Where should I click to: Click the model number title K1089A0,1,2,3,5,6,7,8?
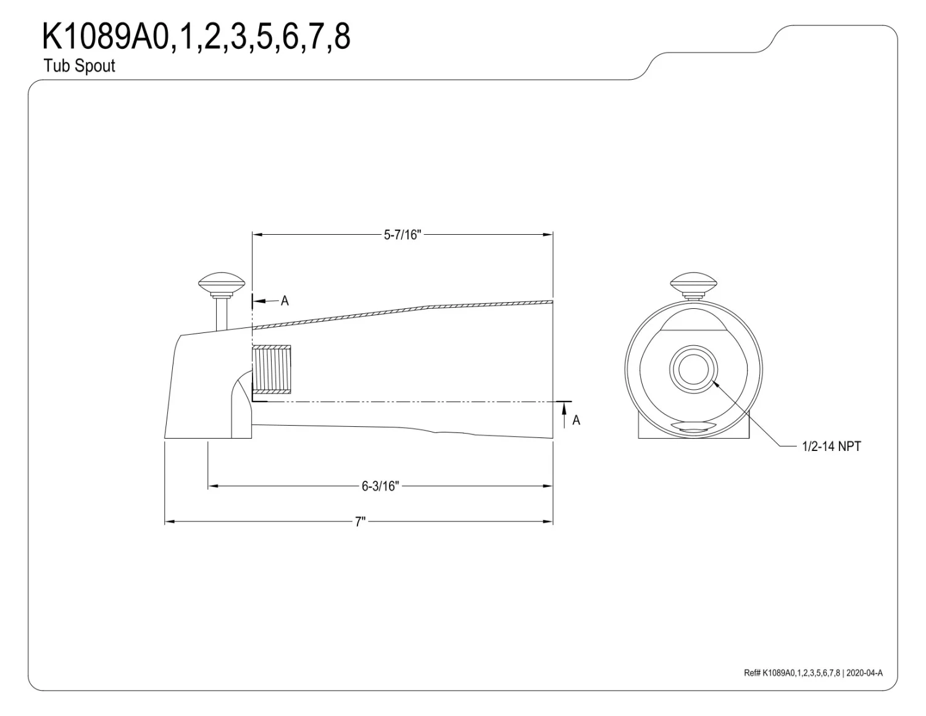(196, 37)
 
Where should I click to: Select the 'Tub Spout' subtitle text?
(80, 66)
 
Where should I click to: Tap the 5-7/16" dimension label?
(402, 235)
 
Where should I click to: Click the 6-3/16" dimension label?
(380, 486)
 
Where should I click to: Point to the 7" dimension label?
(360, 522)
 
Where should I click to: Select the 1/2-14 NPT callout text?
(831, 446)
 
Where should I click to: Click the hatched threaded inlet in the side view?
(272, 371)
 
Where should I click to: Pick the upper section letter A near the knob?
(285, 301)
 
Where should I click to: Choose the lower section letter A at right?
(576, 420)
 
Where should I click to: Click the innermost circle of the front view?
(693, 369)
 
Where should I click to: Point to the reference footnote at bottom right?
(813, 673)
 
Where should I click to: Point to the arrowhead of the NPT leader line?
(715, 384)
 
